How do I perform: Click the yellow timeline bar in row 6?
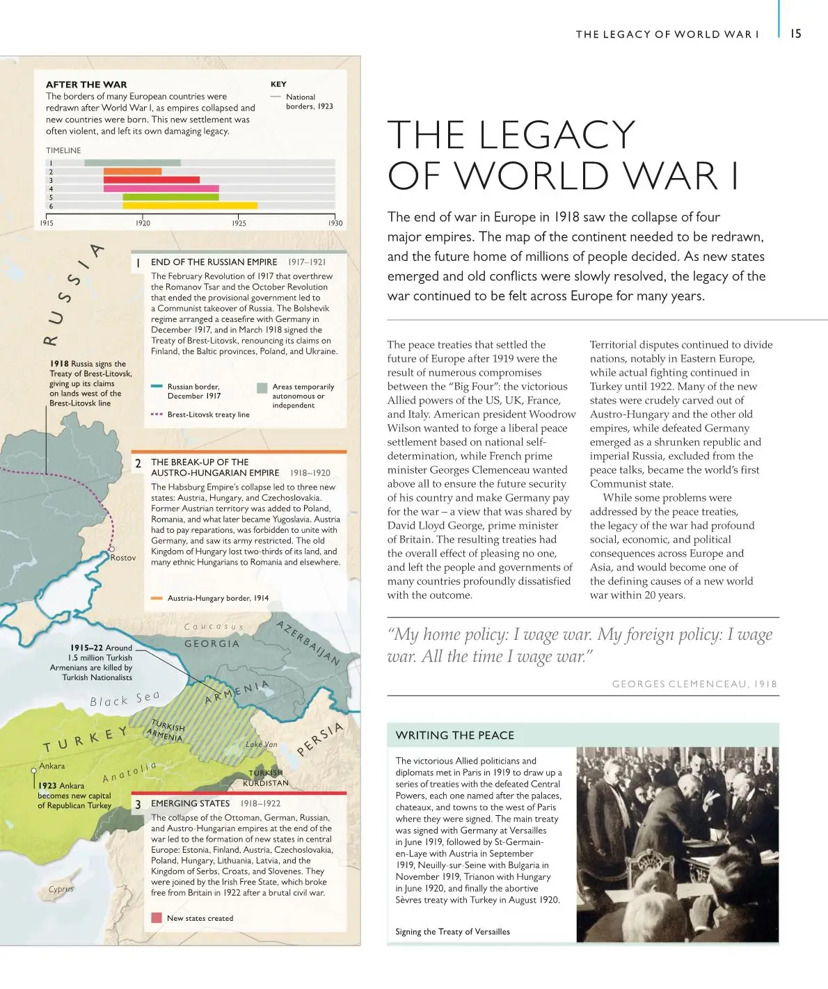pyautogui.click(x=190, y=206)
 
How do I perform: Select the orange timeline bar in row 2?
pyautogui.click(x=132, y=171)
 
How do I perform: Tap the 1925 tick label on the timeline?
pyautogui.click(x=239, y=223)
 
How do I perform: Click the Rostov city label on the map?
pyautogui.click(x=123, y=558)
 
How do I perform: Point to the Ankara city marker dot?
pyautogui.click(x=33, y=771)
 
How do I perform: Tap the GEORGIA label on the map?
pyautogui.click(x=212, y=644)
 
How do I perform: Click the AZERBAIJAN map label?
pyautogui.click(x=308, y=643)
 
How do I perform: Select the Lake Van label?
pyautogui.click(x=261, y=744)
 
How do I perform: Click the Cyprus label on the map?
pyautogui.click(x=61, y=889)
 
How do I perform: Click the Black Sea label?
pyautogui.click(x=125, y=699)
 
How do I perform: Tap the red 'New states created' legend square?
pyautogui.click(x=157, y=918)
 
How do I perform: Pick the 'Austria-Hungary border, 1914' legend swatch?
pyautogui.click(x=157, y=598)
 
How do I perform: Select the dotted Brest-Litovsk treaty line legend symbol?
pyautogui.click(x=157, y=415)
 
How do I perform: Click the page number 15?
pyautogui.click(x=796, y=33)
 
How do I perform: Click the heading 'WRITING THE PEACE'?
pyautogui.click(x=454, y=735)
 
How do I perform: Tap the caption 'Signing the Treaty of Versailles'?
pyautogui.click(x=452, y=932)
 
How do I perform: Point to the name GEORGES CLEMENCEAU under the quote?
pyautogui.click(x=673, y=684)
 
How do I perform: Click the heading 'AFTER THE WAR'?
pyautogui.click(x=86, y=84)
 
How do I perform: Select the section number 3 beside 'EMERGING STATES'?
pyautogui.click(x=138, y=804)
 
